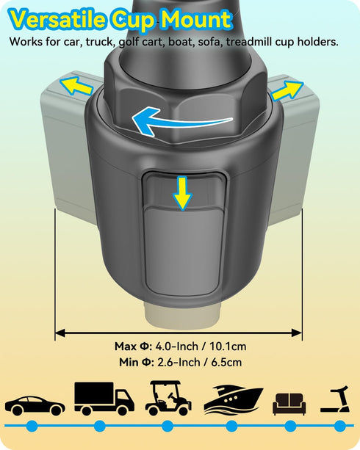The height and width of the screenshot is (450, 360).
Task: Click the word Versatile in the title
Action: [x=58, y=19]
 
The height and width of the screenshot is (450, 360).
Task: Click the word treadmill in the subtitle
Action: [x=249, y=42]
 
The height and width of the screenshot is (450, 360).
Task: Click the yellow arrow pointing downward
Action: [x=182, y=193]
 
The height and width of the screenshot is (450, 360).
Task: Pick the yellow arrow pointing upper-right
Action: [x=287, y=90]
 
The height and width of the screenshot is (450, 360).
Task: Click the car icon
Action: [x=35, y=405]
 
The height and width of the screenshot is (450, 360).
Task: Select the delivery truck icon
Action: [x=104, y=399]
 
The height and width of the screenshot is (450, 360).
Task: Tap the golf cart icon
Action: [x=168, y=399]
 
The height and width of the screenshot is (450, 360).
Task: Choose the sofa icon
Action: [x=289, y=404]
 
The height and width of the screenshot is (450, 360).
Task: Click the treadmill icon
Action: [x=335, y=399]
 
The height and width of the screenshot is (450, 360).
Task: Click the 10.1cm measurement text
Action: [x=228, y=346]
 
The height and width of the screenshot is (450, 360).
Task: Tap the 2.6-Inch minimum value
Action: [x=179, y=363]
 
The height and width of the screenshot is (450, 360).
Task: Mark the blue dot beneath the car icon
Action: [x=32, y=426]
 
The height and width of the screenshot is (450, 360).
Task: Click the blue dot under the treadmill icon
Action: [x=340, y=426]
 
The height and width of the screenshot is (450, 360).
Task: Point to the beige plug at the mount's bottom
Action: [x=182, y=315]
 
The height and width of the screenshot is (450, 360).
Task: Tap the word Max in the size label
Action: [x=126, y=346]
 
